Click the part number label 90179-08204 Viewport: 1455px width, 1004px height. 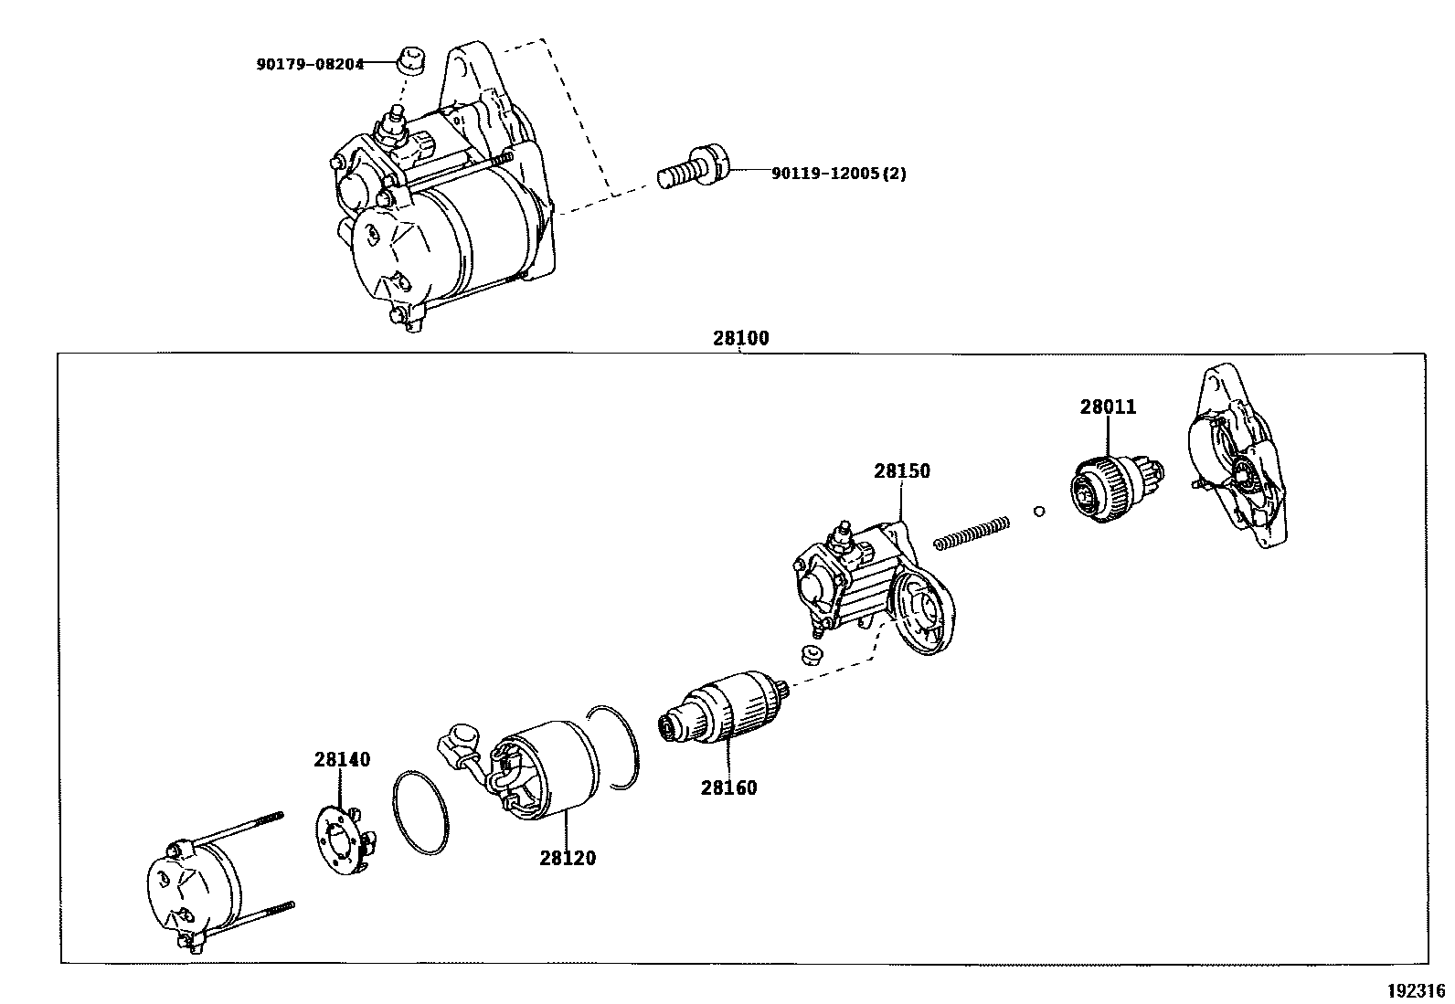(310, 64)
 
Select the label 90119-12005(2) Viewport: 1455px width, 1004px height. (839, 173)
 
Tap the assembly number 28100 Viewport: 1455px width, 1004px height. (740, 338)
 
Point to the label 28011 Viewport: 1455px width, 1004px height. (1108, 407)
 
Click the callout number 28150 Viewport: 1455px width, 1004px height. (901, 471)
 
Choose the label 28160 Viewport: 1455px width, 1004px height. (728, 787)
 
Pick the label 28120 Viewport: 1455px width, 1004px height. (567, 858)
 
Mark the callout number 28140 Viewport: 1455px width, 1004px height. (342, 759)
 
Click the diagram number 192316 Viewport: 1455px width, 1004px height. (1416, 990)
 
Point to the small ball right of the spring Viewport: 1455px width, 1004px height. (1038, 511)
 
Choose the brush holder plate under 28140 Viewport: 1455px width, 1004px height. (343, 834)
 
